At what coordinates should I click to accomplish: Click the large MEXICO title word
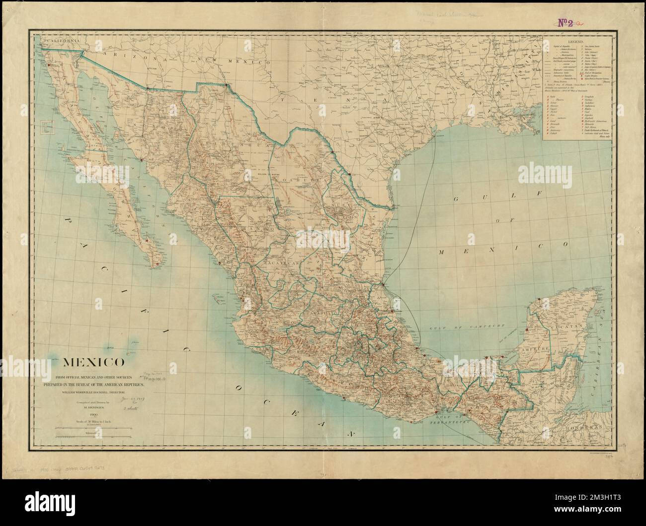93,361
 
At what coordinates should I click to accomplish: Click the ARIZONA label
135,58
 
